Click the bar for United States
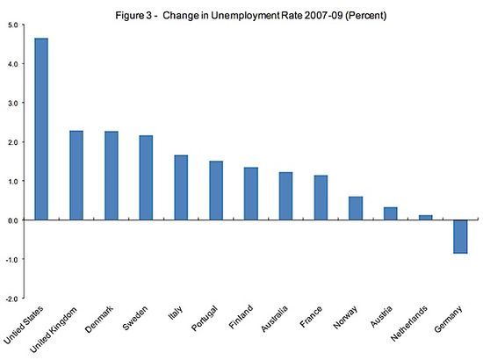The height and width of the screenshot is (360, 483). (x=42, y=129)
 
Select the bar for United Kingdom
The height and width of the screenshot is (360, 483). (x=76, y=176)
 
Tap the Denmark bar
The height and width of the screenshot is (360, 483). (x=112, y=176)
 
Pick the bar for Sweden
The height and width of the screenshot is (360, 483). (x=146, y=177)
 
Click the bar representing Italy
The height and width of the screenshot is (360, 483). (x=181, y=187)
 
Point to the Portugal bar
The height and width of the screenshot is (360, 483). (x=215, y=191)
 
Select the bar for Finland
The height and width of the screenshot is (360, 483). (x=250, y=194)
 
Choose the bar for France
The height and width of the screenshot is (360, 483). (x=320, y=198)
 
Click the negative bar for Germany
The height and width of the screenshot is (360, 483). (x=458, y=236)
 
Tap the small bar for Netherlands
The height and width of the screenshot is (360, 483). (x=424, y=217)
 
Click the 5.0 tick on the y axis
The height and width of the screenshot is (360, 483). (x=13, y=25)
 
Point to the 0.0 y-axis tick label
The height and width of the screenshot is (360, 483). (x=13, y=220)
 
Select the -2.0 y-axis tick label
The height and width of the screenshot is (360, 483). (x=11, y=299)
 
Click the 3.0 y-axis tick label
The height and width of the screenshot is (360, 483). (x=13, y=103)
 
